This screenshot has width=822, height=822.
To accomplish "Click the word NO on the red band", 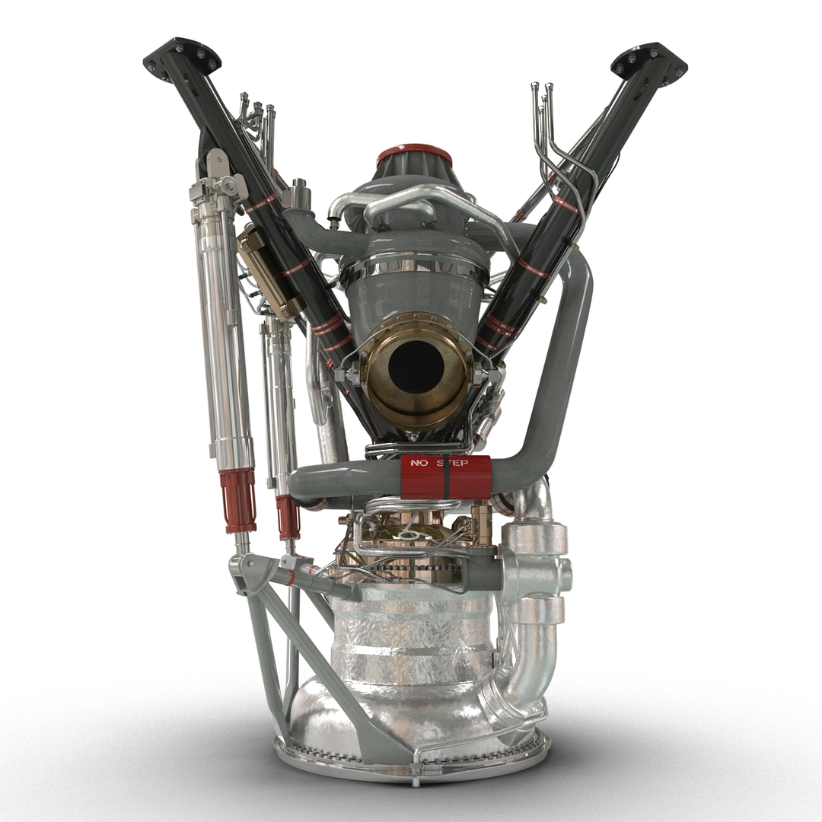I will click(420, 463).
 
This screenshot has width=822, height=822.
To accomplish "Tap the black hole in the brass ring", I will click(416, 367).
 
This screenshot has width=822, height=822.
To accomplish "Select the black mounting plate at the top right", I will click(648, 61).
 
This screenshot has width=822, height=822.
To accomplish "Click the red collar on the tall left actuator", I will click(237, 500).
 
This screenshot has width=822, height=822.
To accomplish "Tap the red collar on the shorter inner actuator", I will click(288, 517).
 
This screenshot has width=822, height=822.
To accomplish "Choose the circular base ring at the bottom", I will click(411, 761).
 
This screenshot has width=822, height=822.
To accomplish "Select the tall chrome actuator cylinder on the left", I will click(221, 320).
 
